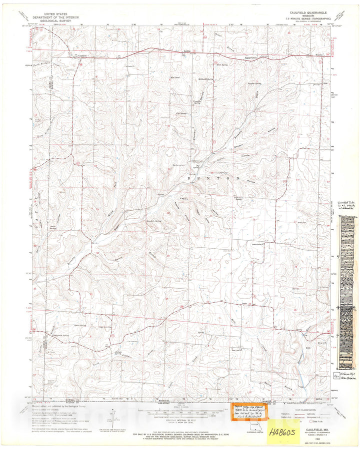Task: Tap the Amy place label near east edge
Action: pos(325,83)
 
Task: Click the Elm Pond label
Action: pos(175,77)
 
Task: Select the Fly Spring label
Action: pos(184,113)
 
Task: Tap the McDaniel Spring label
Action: pos(206,79)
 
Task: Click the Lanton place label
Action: pos(244,303)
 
